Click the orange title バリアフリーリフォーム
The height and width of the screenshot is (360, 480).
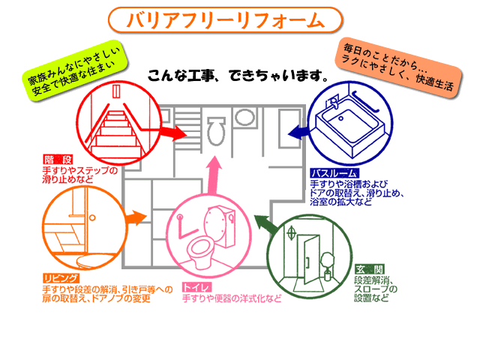tap(225, 19)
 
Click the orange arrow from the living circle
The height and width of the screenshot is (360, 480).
tap(134, 219)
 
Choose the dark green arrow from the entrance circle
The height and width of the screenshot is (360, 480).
tap(263, 223)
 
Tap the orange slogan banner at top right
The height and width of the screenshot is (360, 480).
tap(397, 67)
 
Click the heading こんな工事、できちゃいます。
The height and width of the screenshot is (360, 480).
tap(238, 76)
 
